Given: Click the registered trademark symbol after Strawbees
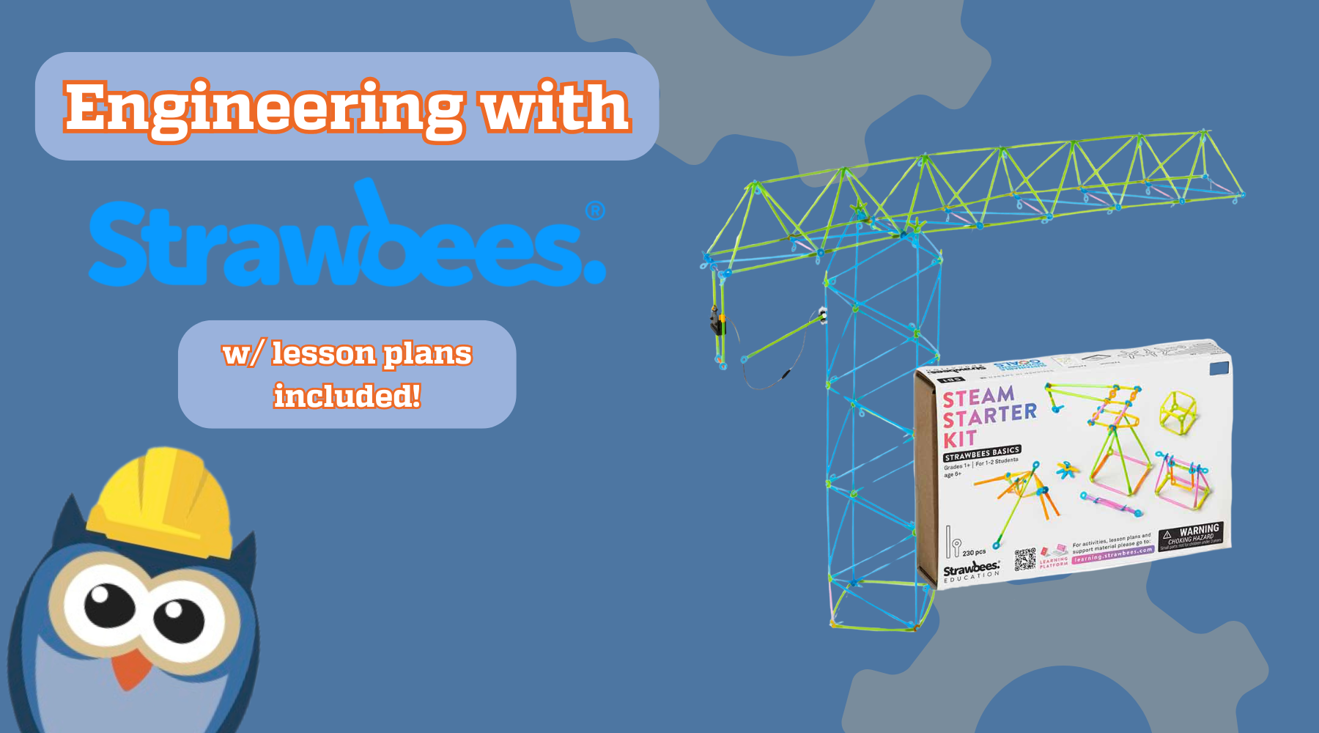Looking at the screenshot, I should click(x=596, y=211).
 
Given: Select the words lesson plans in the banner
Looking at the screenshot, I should click(x=372, y=354).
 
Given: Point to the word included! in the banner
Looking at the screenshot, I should click(x=347, y=397).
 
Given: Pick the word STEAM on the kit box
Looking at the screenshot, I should click(x=978, y=397).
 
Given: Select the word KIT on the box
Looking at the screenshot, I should click(x=959, y=439).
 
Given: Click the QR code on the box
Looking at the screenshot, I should click(x=1025, y=559).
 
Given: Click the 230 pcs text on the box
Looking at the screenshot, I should click(x=974, y=553).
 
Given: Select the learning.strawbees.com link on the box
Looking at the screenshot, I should click(x=1112, y=555).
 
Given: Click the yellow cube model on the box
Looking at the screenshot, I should click(x=1179, y=411).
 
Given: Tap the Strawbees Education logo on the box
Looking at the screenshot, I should click(x=971, y=571).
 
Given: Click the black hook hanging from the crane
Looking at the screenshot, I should click(x=715, y=322).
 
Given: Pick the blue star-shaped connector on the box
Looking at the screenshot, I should click(x=1066, y=470).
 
